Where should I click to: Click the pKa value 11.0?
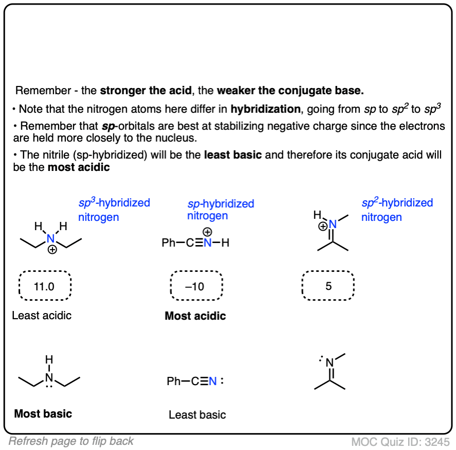[x=44, y=287]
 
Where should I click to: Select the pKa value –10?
[x=195, y=287]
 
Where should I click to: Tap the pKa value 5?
[x=328, y=287]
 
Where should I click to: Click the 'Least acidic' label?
[x=42, y=315]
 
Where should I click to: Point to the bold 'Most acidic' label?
[x=195, y=316]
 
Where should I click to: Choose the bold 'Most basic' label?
[x=43, y=413]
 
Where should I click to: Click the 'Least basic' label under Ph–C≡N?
[x=197, y=414]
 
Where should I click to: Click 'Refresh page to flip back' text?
[x=71, y=441]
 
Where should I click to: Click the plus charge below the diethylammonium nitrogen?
[x=52, y=251]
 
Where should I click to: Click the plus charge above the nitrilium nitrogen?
[x=207, y=232]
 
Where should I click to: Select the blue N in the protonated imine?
[x=332, y=224]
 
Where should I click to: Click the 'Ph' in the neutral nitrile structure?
[x=174, y=382]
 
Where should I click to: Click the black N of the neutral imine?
[x=329, y=364]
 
